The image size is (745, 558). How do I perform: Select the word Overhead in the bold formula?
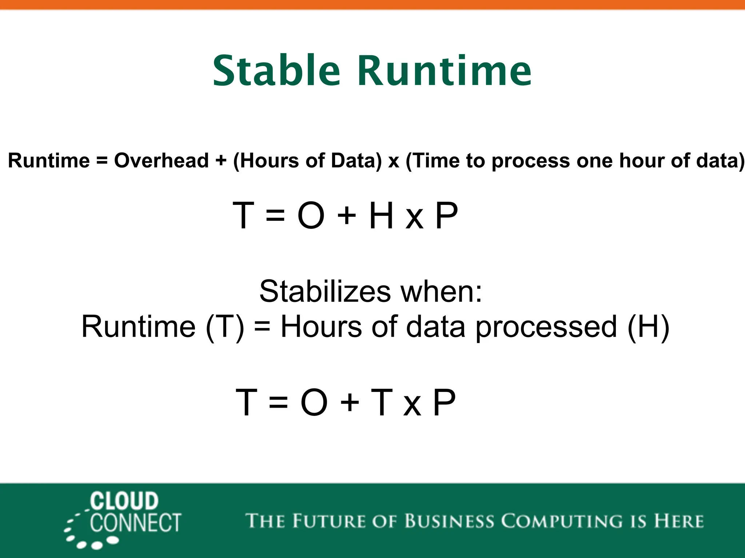pyautogui.click(x=161, y=161)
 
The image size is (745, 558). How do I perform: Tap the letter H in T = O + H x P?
pyautogui.click(x=381, y=216)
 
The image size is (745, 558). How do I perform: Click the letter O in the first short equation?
pyautogui.click(x=311, y=216)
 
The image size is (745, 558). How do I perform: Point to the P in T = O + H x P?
pyautogui.click(x=446, y=216)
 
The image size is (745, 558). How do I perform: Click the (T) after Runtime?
pyautogui.click(x=225, y=327)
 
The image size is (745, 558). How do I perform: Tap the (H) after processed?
pyautogui.click(x=648, y=327)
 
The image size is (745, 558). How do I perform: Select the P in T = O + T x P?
pyautogui.click(x=444, y=403)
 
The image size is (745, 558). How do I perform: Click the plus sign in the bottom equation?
pyautogui.click(x=350, y=403)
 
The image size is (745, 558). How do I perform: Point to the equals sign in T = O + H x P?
pyautogui.click(x=275, y=216)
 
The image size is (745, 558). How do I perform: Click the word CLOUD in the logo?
pyautogui.click(x=124, y=501)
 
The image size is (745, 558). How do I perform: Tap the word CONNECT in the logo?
pyautogui.click(x=135, y=523)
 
